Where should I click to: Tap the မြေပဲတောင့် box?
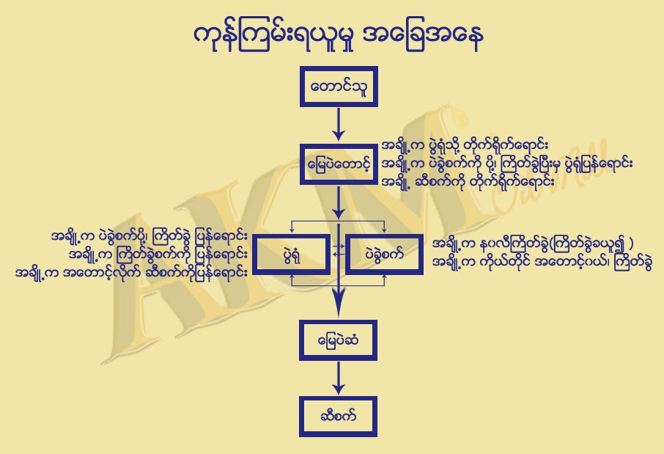(x=339, y=159)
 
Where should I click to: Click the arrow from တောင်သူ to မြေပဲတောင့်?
(x=339, y=123)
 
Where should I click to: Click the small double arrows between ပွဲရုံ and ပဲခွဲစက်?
(x=338, y=250)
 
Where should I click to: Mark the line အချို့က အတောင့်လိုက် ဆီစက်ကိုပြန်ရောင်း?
(x=131, y=272)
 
